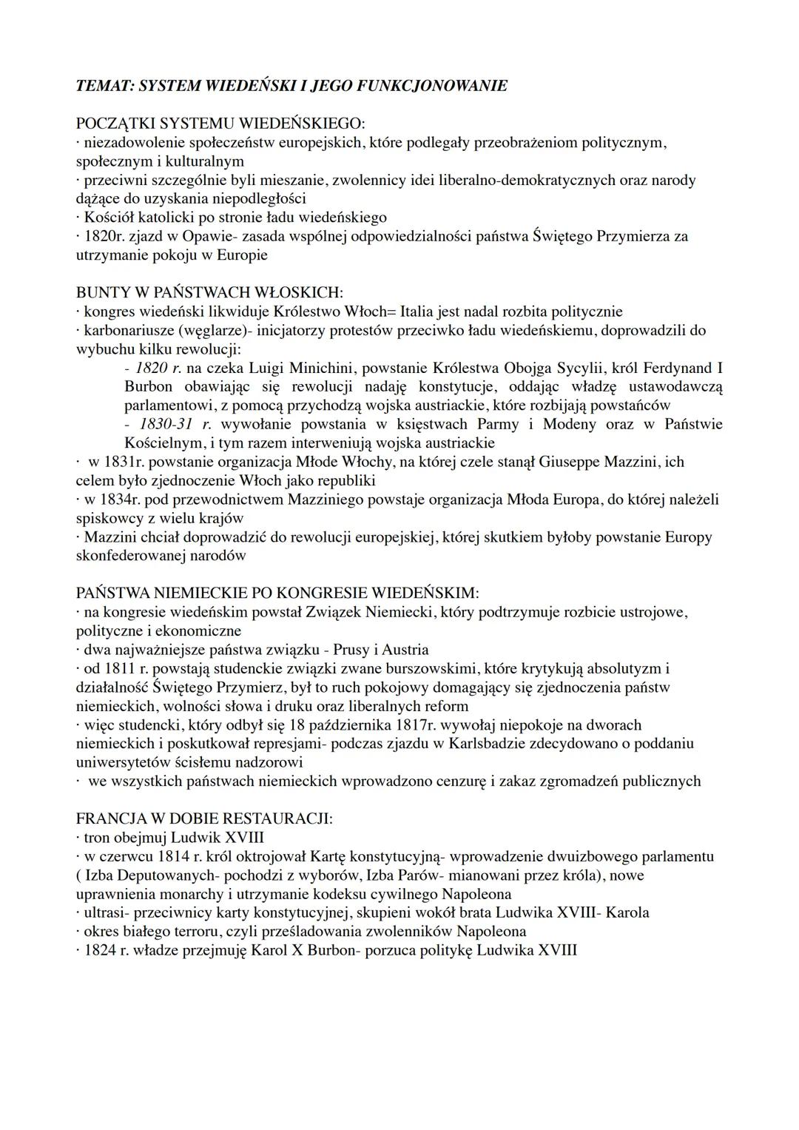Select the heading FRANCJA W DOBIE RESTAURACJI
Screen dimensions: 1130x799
coord(204,819)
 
